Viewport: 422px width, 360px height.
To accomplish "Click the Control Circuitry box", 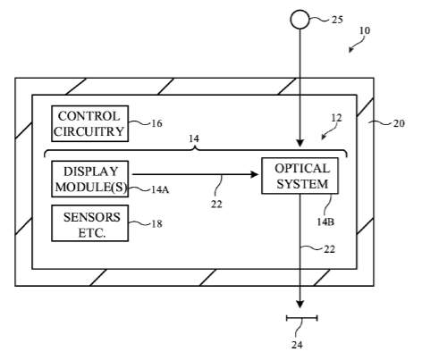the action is click(89, 123).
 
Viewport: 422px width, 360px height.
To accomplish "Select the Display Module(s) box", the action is click(89, 179).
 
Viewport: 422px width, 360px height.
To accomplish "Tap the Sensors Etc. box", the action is click(89, 223).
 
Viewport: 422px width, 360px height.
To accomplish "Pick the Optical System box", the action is click(300, 176).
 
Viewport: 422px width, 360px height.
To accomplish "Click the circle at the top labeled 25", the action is click(300, 20).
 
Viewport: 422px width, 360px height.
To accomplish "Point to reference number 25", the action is click(337, 20).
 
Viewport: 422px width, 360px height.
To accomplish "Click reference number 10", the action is click(365, 30).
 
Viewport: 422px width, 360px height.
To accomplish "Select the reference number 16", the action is click(156, 123).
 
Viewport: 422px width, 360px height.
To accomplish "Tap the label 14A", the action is click(160, 189).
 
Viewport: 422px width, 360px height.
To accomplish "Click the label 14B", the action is click(325, 222).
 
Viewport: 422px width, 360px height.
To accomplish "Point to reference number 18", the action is click(156, 224).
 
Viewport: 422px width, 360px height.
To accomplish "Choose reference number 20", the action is click(399, 123).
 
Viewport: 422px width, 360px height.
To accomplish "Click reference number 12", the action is click(336, 118).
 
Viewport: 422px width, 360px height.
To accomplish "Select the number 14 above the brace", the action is click(194, 138).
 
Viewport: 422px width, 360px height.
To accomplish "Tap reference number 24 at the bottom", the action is click(297, 345).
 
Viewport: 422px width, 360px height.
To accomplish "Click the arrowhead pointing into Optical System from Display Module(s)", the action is click(255, 174).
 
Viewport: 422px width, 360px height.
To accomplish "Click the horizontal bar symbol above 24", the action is click(301, 318).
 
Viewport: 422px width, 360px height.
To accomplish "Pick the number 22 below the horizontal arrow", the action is click(216, 205).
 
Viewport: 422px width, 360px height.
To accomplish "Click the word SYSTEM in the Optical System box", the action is click(302, 184).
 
